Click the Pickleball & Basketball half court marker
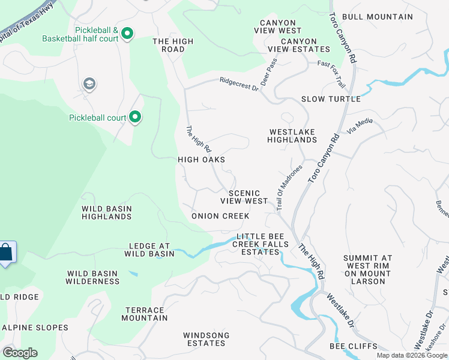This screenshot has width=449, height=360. coord(127,34)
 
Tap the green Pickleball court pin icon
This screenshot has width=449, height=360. coord(136,117)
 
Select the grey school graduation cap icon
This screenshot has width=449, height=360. coord(89,83)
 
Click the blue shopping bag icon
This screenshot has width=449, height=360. coord(5,253)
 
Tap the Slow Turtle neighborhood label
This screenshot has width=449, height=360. coord(331,99)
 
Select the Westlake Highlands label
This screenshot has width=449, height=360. coord(293,136)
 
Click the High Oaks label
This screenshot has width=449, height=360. coord(201,160)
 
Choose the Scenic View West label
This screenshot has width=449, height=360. coord(244,197)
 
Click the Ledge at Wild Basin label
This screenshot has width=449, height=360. coord(149,250)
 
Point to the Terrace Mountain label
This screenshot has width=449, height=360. coord(145,314)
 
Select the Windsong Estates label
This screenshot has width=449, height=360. coord(205,339)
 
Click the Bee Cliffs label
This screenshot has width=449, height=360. coord(354,346)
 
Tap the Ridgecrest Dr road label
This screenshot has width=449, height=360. coord(238,84)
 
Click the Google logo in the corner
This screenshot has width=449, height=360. coord(20,353)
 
